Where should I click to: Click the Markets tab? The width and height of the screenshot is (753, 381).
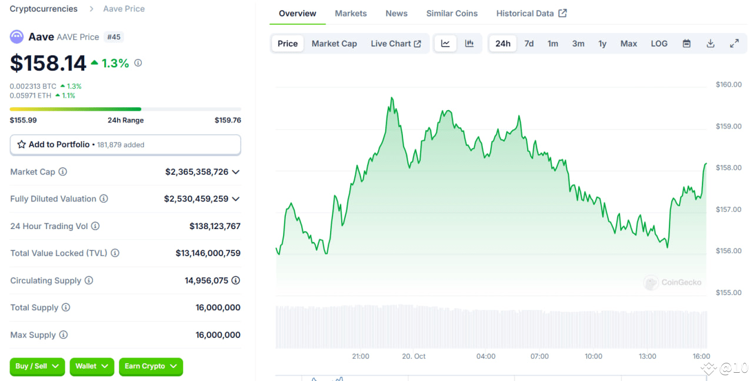(x=351, y=14)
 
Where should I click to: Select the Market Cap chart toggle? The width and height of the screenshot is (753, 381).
(x=334, y=44)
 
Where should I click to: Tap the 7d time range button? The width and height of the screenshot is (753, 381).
(x=529, y=44)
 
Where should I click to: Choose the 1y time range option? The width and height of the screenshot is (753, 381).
(x=602, y=44)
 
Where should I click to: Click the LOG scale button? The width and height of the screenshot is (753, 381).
(x=659, y=44)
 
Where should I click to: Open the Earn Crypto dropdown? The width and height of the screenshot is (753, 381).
(x=151, y=366)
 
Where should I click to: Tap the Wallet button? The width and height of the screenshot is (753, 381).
(x=91, y=366)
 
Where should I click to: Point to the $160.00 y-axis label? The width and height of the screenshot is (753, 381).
(x=728, y=85)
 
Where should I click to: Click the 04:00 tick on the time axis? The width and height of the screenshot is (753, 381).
(x=486, y=356)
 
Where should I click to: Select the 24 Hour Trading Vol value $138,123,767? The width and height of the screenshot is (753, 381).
(x=215, y=226)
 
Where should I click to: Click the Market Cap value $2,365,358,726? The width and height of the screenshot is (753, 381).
(x=196, y=172)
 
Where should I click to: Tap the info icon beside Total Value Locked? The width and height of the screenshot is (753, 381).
(x=115, y=253)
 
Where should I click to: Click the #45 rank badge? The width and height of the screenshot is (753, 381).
(x=114, y=37)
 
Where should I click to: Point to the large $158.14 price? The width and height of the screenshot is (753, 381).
(x=48, y=63)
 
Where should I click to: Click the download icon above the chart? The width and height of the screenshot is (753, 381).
(x=711, y=44)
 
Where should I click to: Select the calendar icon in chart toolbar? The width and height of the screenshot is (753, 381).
(x=687, y=44)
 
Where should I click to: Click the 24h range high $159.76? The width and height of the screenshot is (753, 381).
(x=228, y=120)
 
